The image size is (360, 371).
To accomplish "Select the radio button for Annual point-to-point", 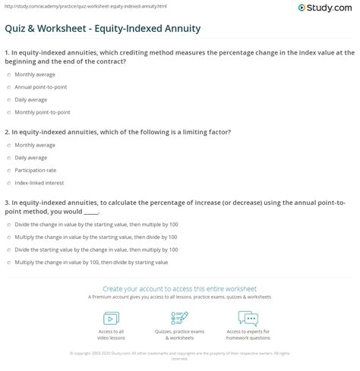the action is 7,87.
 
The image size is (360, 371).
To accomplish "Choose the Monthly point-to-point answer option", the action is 7,112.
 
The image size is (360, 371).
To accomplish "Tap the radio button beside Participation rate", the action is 7,171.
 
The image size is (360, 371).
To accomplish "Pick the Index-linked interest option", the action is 7,183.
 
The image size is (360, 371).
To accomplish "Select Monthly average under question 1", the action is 7,75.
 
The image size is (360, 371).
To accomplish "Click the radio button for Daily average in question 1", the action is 7,99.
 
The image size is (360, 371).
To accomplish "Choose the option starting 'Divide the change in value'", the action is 7,225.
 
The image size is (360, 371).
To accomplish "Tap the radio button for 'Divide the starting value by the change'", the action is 7,249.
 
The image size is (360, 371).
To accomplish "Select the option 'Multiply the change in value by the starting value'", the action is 7,237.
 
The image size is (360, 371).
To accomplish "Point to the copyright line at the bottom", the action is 179,353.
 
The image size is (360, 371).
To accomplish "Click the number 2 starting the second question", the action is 7,131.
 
